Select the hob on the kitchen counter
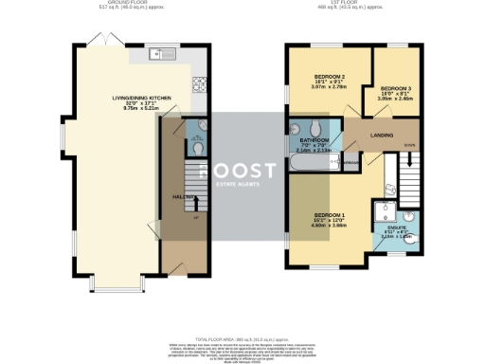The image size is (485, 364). tap(200, 83)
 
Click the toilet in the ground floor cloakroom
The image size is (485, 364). tap(197, 148)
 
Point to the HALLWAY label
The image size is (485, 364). tap(183, 196)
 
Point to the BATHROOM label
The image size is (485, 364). tap(314, 139)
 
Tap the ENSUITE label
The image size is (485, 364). tap(399, 227)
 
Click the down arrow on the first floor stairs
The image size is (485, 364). tap(408, 145)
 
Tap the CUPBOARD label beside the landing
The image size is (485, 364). tap(350, 163)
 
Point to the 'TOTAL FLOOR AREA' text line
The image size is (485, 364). tap(242, 338)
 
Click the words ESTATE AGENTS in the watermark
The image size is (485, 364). tap(237, 184)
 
